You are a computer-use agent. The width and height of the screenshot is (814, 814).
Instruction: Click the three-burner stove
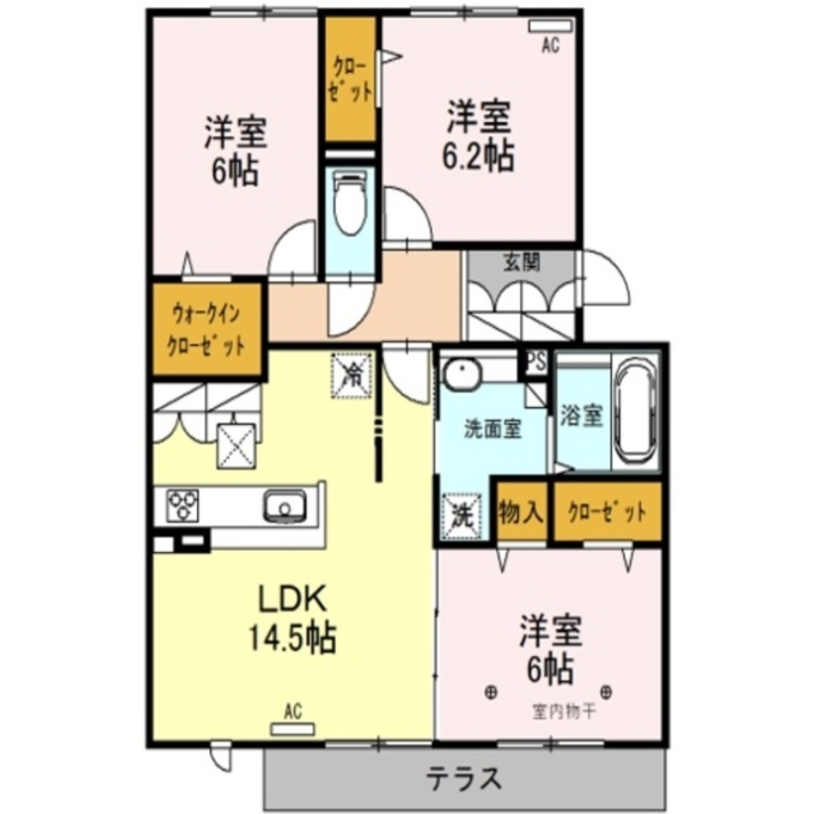coord(183,505)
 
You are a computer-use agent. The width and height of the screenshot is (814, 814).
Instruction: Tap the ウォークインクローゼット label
coord(206,328)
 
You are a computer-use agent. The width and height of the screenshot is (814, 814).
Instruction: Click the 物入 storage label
coord(521,514)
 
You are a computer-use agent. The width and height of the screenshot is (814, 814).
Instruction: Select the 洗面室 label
coord(492,429)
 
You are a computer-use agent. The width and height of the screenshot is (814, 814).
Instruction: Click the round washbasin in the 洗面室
coord(462,374)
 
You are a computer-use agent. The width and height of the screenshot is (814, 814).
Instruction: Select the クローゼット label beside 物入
coord(607,514)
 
